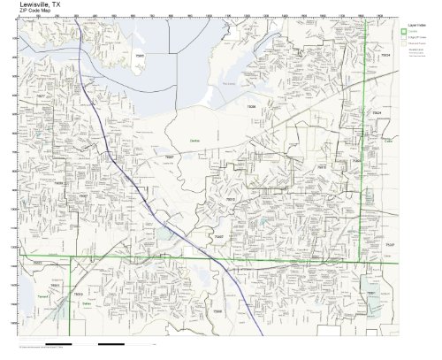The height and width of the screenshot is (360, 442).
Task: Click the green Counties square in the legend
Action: click(403, 32)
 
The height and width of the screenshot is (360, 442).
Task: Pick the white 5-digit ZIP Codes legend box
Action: click(403, 40)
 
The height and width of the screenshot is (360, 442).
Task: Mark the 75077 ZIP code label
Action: click(42, 121)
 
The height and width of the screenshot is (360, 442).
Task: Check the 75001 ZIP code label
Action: click(371, 293)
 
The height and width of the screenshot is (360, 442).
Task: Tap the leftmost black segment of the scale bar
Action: click(57, 342)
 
